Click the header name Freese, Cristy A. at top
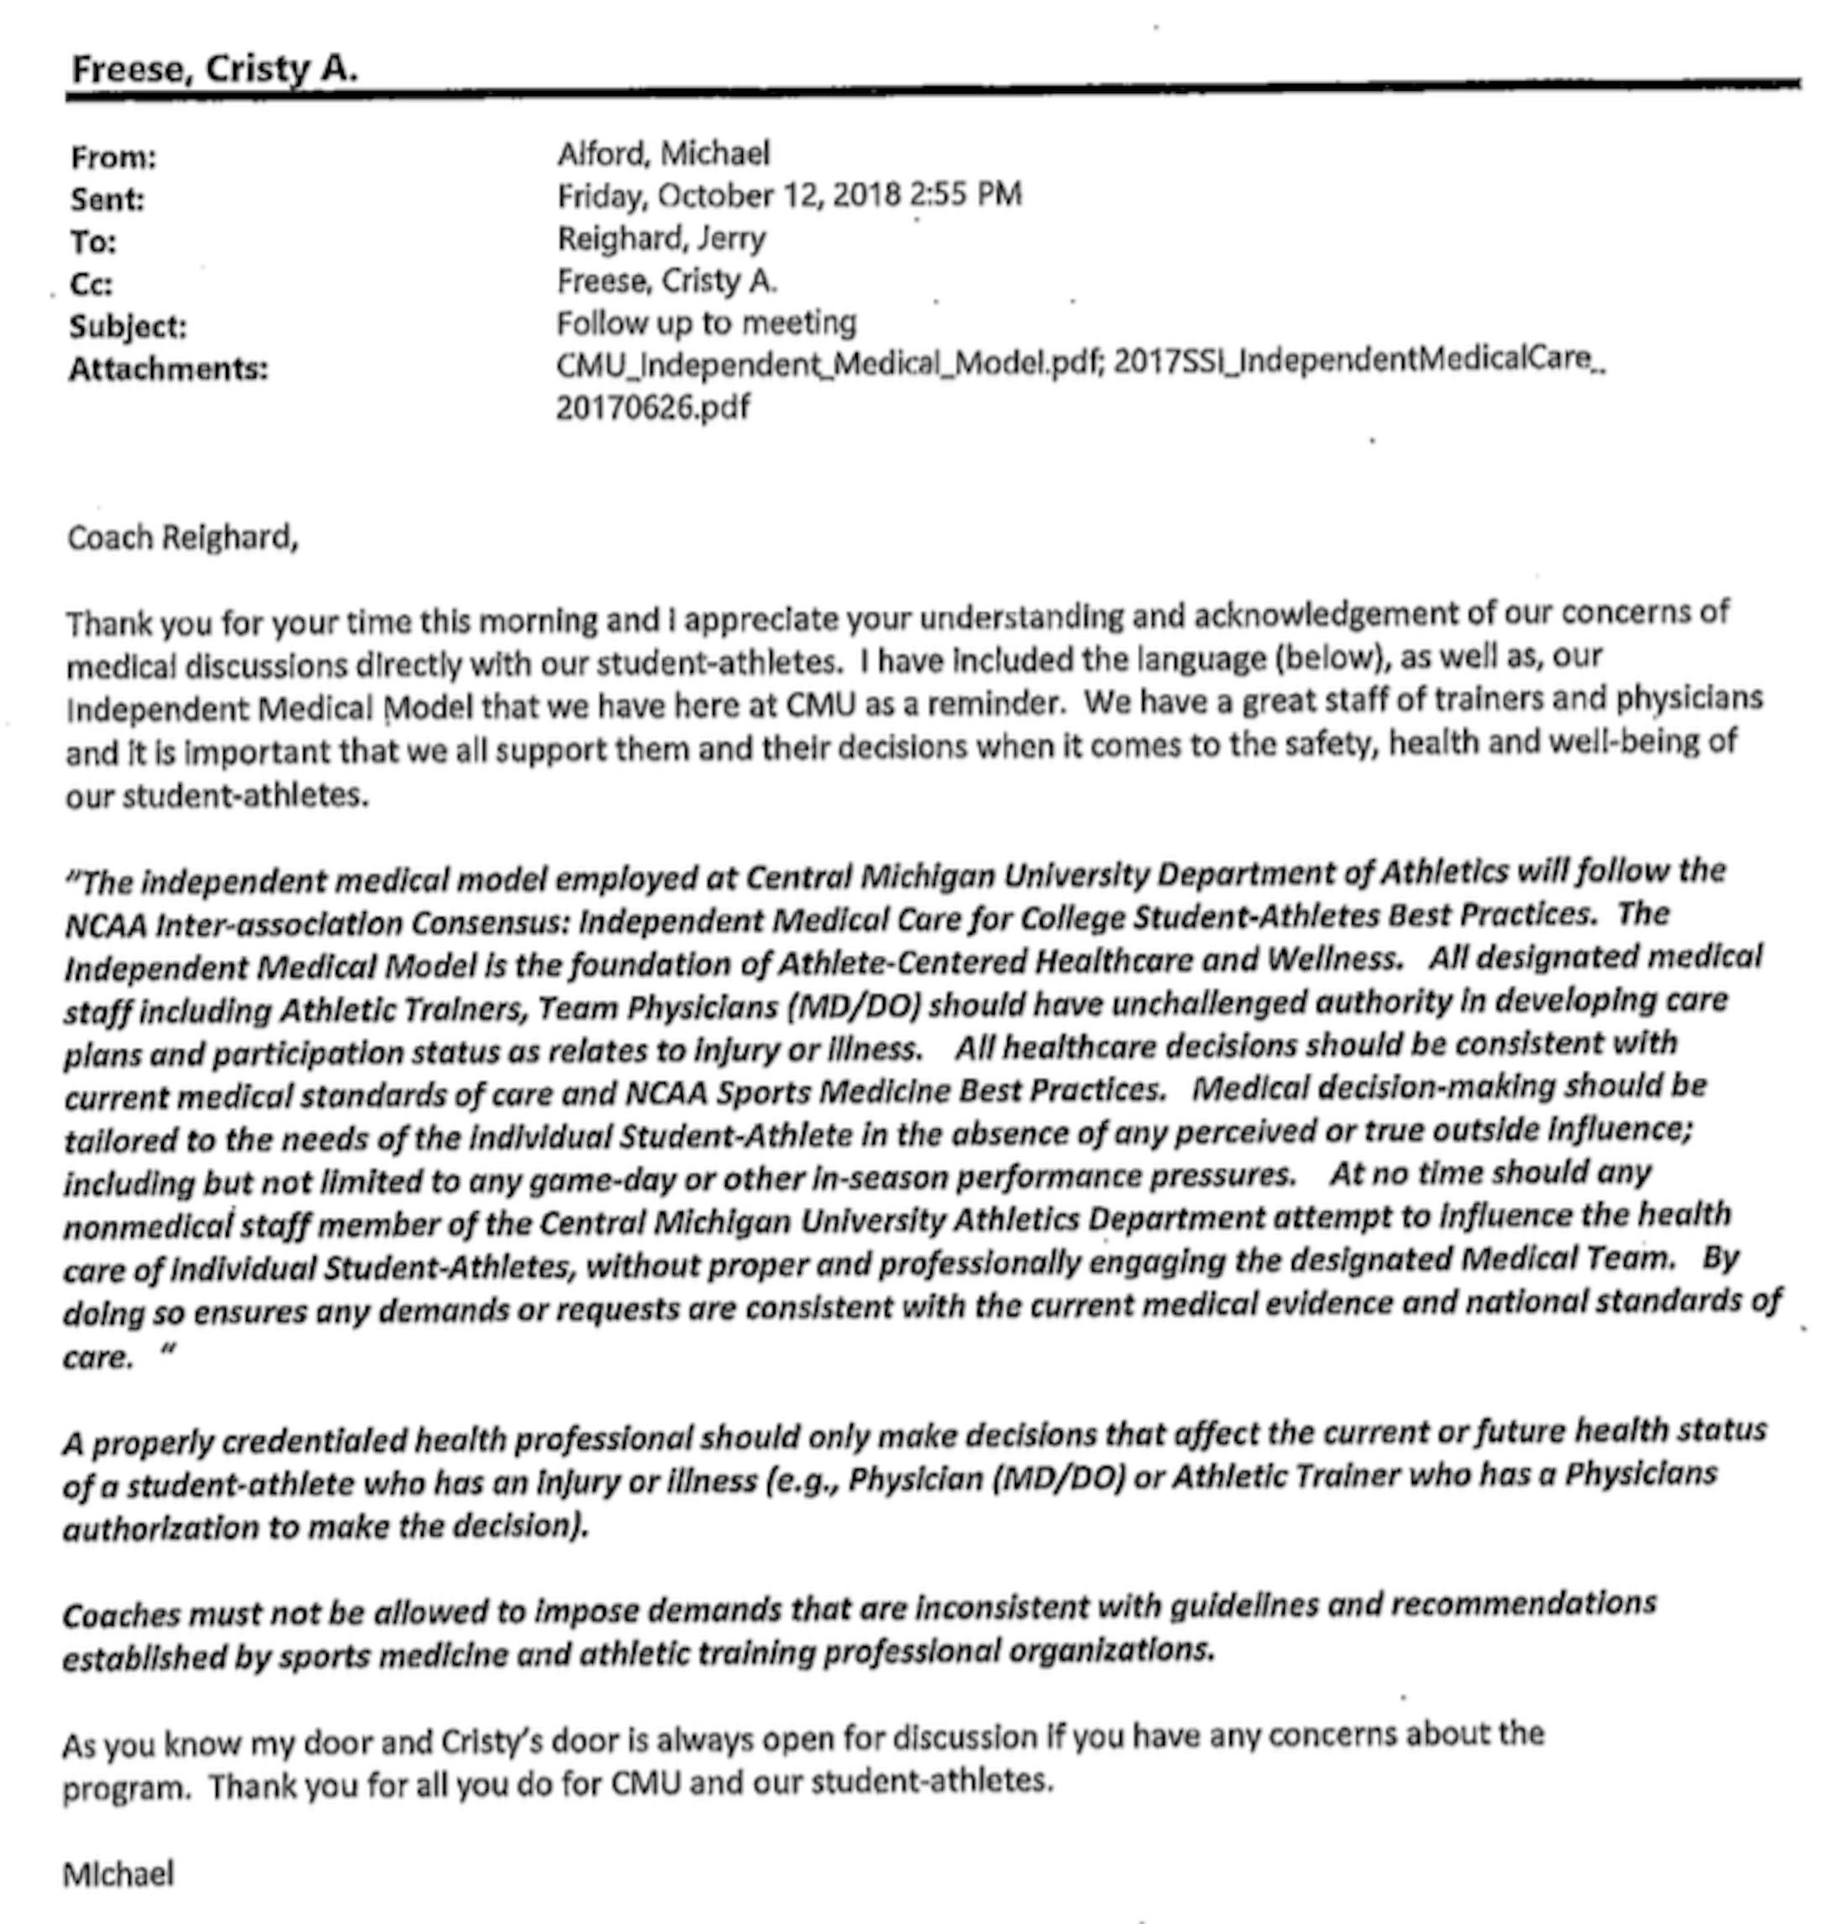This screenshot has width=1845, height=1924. pos(214,69)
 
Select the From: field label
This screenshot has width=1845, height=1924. pos(113,157)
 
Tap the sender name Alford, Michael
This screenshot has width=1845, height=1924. pos(663,153)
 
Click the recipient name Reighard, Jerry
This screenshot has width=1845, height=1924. pos(661,239)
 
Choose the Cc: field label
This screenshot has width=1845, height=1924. pos(92,285)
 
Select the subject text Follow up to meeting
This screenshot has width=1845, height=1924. pos(706,323)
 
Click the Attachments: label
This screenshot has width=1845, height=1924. pos(168,369)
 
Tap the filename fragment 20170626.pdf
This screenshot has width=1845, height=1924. pos(652,406)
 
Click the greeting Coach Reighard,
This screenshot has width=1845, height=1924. pos(181,538)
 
